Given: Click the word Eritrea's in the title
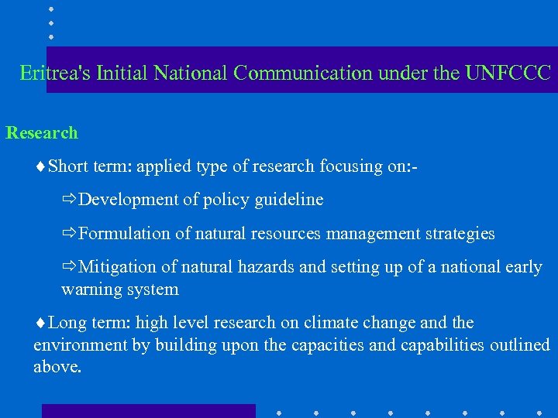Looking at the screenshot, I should [55, 74].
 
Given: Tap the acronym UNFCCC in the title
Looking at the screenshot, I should [508, 74].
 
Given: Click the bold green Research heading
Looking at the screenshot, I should [42, 133].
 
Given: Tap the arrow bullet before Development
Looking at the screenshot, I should [70, 200].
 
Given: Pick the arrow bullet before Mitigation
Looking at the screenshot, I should [70, 267].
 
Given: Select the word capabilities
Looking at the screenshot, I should [443, 345].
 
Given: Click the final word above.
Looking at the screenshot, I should [57, 367].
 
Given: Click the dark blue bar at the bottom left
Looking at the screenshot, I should [148, 410].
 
